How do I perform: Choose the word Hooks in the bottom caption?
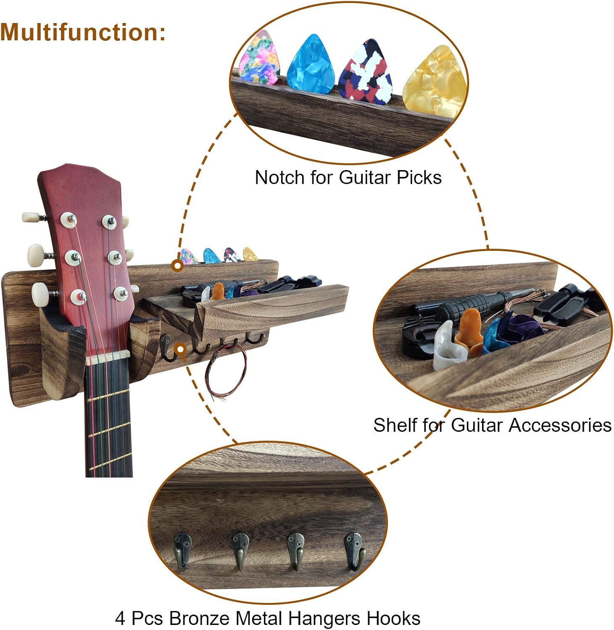393,618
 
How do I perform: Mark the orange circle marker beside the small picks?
178,265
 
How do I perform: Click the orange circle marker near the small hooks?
180,349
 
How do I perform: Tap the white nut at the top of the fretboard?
108,358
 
